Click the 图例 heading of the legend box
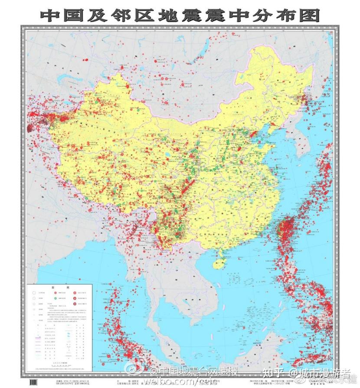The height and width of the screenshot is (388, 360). [x=60, y=288]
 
